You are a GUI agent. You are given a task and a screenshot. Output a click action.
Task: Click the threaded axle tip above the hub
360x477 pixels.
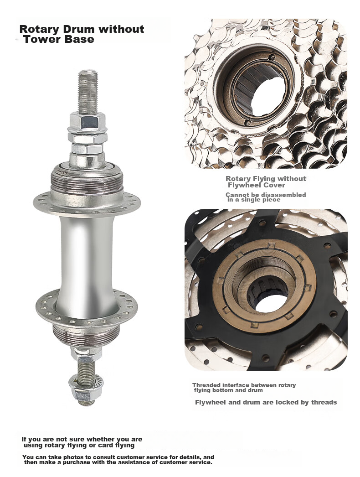tap(88, 91)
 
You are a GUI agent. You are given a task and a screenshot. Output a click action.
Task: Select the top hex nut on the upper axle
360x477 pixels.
tap(87, 121)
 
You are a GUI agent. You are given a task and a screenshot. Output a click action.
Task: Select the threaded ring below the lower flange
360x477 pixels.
tap(86, 337)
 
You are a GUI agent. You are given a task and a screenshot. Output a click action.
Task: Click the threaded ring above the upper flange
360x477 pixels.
tap(87, 181)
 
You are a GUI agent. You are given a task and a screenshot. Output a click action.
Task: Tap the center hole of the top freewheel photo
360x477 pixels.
tap(267, 97)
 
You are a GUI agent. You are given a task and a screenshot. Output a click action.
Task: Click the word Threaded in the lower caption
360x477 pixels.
tap(206, 385)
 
